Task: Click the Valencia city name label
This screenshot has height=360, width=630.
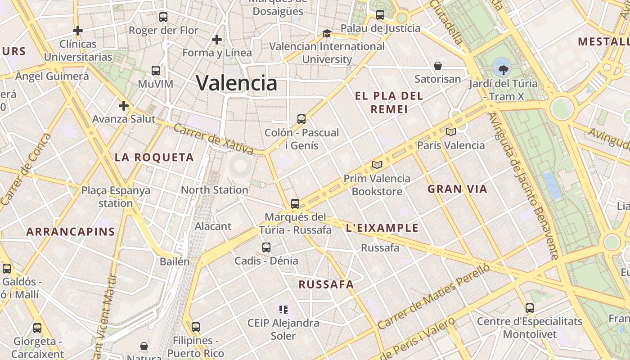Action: point(237,83)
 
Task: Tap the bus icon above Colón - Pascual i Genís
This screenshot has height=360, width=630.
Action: point(301,119)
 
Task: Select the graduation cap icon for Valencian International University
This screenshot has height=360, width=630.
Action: point(327,34)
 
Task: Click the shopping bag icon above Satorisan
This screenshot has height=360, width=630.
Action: point(438,66)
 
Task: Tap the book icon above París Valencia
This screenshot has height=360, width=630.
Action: point(450,132)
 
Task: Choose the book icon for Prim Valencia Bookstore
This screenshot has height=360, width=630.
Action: point(377,165)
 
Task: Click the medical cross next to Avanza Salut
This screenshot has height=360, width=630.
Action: point(124,106)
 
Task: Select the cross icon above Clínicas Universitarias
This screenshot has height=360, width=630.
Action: point(78,31)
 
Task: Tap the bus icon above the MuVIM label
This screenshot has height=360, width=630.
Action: point(156,71)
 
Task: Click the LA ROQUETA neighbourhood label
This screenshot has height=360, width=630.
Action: point(154,157)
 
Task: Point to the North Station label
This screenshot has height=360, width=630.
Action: point(214,190)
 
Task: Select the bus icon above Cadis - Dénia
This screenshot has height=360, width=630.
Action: point(266,247)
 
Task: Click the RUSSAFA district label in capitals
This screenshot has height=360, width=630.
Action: point(326,284)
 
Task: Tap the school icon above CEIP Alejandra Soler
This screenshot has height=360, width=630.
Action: point(283,309)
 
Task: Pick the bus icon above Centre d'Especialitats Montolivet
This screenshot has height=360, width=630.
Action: point(530,308)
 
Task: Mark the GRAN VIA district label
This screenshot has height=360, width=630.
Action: point(457,189)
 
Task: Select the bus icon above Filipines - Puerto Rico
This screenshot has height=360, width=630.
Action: point(195,327)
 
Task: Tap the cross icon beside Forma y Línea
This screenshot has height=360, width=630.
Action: point(217,40)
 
